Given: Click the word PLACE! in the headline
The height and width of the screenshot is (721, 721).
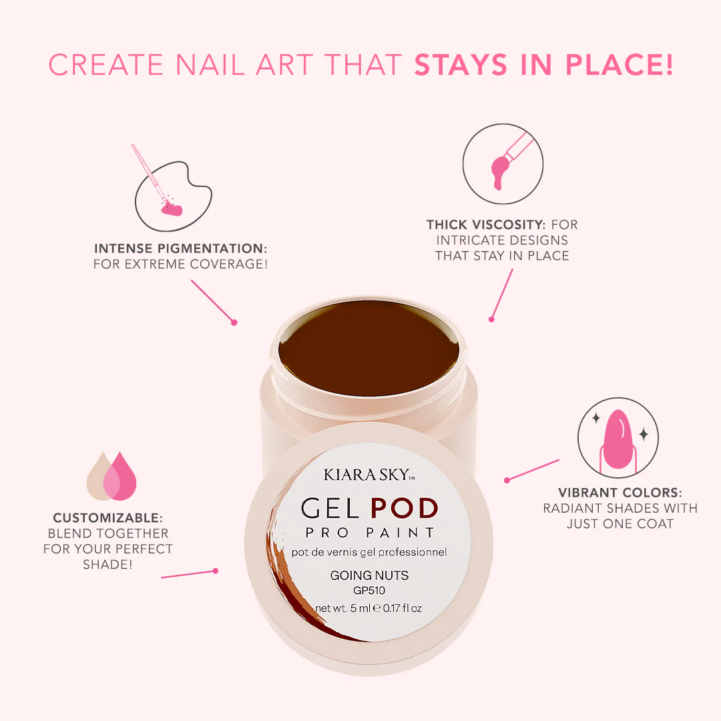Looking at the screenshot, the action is click(619, 64).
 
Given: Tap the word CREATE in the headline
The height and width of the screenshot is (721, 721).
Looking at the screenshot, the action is click(105, 64).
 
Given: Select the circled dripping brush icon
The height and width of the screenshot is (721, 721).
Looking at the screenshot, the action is click(503, 164).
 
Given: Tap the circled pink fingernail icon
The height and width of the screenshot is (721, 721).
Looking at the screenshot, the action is click(618, 437).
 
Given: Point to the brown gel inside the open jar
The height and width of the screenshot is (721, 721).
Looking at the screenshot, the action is click(369, 348).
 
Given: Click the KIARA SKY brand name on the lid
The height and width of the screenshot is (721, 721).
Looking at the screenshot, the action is click(369, 475).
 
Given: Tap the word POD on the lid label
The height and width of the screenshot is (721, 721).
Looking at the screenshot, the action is click(404, 508).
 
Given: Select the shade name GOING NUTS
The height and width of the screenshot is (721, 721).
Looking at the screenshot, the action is click(369, 575).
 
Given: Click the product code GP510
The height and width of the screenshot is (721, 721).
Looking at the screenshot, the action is click(369, 590).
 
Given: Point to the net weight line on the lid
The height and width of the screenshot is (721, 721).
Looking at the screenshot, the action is click(369, 608).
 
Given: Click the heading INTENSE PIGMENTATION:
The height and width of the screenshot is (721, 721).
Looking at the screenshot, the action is click(180, 248).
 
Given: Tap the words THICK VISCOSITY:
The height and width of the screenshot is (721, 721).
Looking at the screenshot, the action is click(485, 224).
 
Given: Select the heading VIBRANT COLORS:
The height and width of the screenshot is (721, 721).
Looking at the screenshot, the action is click(620, 493).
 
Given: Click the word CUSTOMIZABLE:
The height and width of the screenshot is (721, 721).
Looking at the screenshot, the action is click(107, 518).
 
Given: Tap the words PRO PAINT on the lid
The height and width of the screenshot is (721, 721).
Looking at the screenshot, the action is click(370, 533).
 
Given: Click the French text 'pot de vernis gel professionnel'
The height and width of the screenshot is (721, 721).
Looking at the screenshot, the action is click(369, 552).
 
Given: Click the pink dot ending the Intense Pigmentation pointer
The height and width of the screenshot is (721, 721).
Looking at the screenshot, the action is click(234, 323).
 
